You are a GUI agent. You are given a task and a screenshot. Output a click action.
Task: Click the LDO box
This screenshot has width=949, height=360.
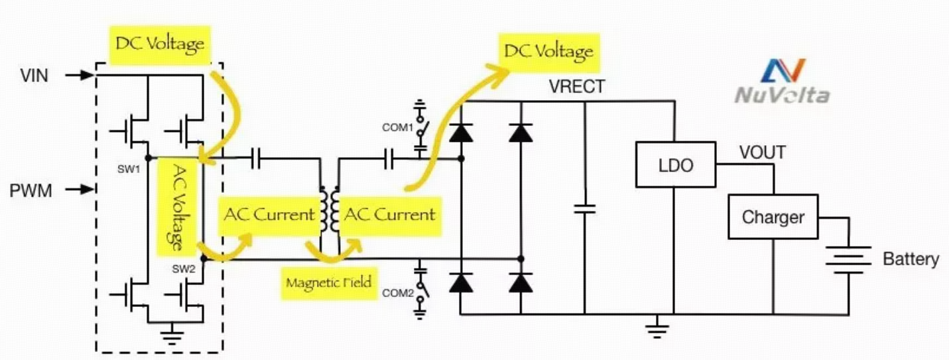pos(676,165)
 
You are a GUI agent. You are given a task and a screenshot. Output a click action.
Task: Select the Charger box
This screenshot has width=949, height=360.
pos(773,217)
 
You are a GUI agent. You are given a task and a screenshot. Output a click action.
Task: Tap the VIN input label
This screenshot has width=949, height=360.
pos(34,76)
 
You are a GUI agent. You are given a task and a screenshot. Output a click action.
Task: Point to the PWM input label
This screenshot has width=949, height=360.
pos(31,190)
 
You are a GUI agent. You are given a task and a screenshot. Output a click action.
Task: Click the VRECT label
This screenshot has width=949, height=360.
pos(577,86)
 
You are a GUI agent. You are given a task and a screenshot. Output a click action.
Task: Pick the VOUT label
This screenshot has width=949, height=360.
pos(763,152)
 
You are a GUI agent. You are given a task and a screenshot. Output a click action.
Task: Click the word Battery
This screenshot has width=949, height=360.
pos(911,259)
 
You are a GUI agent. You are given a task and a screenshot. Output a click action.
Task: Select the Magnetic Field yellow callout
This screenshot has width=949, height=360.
pos(329,282)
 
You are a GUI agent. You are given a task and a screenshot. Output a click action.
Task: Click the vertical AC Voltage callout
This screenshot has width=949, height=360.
pos(178,208)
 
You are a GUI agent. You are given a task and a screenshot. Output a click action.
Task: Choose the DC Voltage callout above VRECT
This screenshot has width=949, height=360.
pos(548,52)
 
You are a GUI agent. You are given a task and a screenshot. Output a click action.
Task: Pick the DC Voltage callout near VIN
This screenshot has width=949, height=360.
pos(160,45)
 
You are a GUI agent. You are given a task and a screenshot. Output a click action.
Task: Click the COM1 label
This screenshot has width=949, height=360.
pos(397,127)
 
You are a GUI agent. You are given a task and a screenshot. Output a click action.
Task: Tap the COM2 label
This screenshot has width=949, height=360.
pos(397,293)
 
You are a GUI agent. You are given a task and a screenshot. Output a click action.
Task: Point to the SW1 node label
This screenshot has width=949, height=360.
pos(129,170)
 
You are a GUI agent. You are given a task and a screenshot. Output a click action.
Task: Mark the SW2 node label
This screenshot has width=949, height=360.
pos(184,269)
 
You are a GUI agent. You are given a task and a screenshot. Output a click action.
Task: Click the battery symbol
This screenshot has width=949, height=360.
pos(849,260)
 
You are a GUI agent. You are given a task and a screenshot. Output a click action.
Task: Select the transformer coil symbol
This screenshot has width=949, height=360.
pos(330,210)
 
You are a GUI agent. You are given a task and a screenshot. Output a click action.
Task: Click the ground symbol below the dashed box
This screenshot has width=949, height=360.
pos(172,333)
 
